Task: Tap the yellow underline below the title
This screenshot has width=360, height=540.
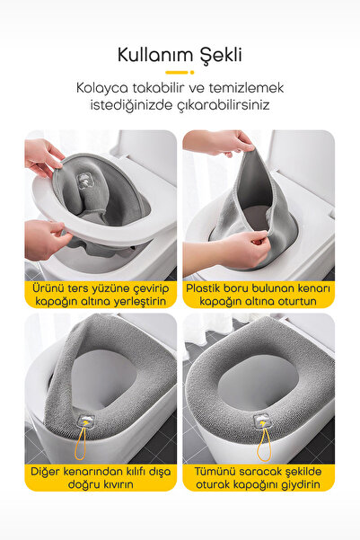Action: point(180,73)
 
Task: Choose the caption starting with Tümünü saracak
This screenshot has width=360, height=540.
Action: point(259,475)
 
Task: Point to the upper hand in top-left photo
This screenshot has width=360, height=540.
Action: point(42,155)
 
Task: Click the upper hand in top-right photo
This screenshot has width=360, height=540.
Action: point(219,142)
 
